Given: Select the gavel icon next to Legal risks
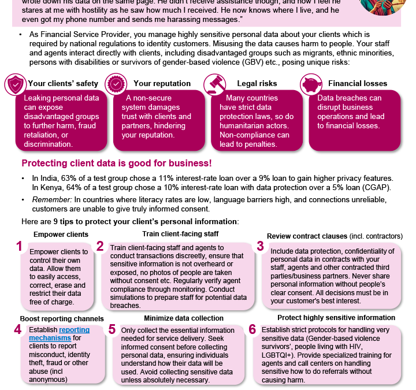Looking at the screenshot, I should (x=213, y=83).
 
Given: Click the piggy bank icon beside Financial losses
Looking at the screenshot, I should (x=313, y=83).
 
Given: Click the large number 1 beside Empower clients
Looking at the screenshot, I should (x=19, y=246).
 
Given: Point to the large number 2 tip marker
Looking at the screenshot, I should (x=100, y=246).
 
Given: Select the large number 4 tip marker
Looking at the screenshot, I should (x=18, y=329).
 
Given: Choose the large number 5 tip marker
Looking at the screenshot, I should (x=112, y=329).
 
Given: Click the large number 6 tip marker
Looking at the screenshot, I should (x=252, y=329).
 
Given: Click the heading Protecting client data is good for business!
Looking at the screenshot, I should (x=116, y=164).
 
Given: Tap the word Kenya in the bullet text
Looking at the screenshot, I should (x=49, y=187).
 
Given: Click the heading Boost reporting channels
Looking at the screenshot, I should (x=62, y=318).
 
